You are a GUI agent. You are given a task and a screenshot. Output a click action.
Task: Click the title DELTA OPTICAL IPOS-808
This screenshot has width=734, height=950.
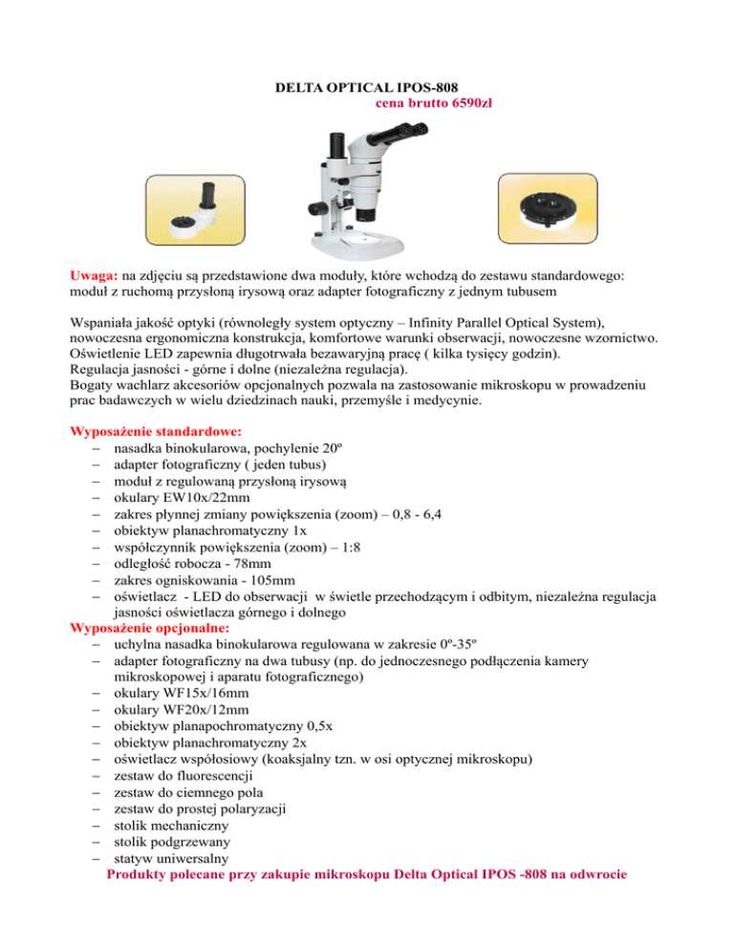point(367,88)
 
